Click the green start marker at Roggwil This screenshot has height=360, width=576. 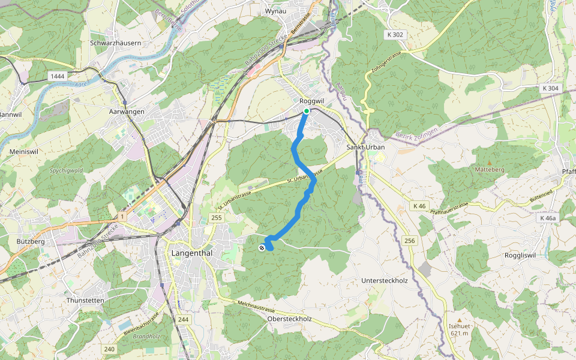pyautogui.click(x=306, y=111)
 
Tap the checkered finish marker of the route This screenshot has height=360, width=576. pyautogui.click(x=262, y=248)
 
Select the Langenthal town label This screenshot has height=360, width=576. pyautogui.click(x=191, y=253)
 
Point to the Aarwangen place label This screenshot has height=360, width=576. pyautogui.click(x=127, y=112)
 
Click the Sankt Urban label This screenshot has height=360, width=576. pyautogui.click(x=365, y=147)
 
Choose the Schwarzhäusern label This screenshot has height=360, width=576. pyautogui.click(x=115, y=43)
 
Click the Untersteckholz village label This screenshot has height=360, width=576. pyautogui.click(x=385, y=280)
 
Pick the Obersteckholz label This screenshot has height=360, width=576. pyautogui.click(x=289, y=319)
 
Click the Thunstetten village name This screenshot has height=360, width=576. pyautogui.click(x=86, y=300)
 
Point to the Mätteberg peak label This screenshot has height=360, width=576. pyautogui.click(x=490, y=170)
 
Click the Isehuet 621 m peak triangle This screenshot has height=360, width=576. pyautogui.click(x=459, y=320)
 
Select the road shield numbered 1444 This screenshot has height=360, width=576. pyautogui.click(x=58, y=76)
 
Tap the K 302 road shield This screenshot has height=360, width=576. pyautogui.click(x=397, y=35)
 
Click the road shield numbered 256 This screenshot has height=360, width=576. pyautogui.click(x=410, y=241)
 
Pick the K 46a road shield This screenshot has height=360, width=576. pyautogui.click(x=547, y=218)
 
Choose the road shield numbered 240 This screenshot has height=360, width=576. pyautogui.click(x=109, y=349)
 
